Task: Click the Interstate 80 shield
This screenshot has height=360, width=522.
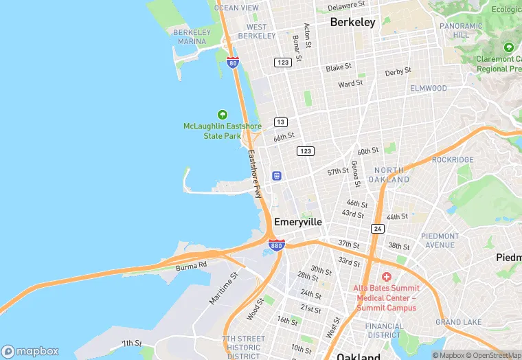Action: (233, 63)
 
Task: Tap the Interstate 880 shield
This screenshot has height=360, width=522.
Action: (276, 245)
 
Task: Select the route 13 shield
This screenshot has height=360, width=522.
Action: (280, 122)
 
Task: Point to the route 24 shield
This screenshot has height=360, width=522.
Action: (378, 228)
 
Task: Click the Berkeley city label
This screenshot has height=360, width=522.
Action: (353, 22)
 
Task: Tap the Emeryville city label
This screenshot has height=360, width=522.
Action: (297, 222)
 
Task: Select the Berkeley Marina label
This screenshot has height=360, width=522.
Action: (192, 36)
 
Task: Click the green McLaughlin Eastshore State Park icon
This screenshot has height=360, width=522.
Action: (222, 114)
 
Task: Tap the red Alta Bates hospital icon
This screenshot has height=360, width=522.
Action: (386, 276)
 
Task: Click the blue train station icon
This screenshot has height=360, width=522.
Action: (277, 175)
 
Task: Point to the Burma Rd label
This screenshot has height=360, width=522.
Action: (191, 266)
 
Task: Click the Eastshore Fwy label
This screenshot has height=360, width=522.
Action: (255, 174)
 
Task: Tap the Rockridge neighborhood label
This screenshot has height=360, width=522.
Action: (453, 159)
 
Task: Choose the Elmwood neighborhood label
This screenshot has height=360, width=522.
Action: (428, 88)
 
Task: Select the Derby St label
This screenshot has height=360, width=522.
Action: (398, 71)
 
